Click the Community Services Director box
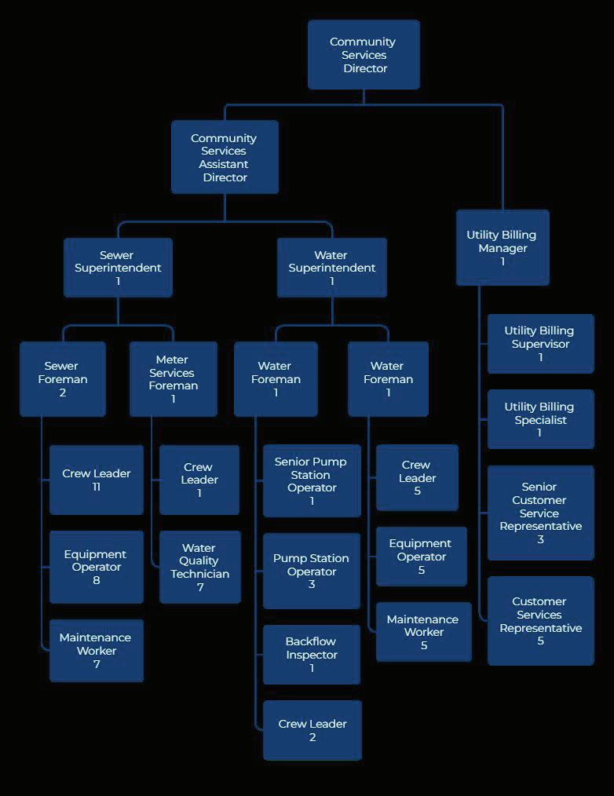(364, 55)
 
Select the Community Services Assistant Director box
(225, 157)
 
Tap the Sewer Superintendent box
(118, 268)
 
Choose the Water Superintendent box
(331, 268)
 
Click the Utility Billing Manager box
(503, 247)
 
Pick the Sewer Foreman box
(62, 378)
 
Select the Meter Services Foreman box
(173, 378)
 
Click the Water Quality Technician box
(199, 567)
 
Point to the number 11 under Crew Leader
(97, 487)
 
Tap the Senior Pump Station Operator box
(311, 480)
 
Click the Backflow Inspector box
(311, 654)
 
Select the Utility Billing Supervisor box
(540, 344)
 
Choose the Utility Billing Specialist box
(540, 419)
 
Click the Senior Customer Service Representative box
(540, 513)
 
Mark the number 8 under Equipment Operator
(97, 580)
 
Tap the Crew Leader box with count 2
(312, 730)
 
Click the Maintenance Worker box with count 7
(96, 650)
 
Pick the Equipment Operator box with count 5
(421, 557)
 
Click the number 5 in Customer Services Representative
(540, 641)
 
